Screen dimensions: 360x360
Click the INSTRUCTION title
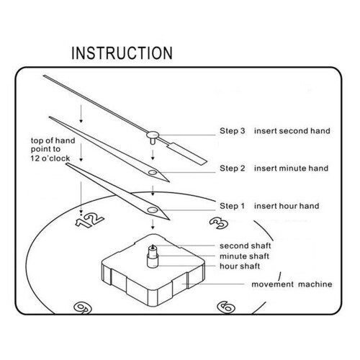[x=122, y=53]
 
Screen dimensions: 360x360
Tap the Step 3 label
[x=233, y=131]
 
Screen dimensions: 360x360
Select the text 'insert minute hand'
[x=291, y=168]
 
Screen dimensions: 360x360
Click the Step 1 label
[x=232, y=206]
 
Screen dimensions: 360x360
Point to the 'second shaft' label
[x=245, y=246]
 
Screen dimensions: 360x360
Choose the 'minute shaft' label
[x=244, y=256]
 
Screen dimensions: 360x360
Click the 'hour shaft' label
[x=240, y=266]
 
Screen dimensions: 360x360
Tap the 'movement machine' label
[x=292, y=284]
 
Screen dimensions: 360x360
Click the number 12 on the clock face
[x=89, y=220]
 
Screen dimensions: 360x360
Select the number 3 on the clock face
[x=219, y=223]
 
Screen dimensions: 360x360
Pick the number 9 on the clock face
[x=83, y=307]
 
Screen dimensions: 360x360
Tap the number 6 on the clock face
[x=226, y=307]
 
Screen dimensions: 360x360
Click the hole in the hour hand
[x=153, y=210]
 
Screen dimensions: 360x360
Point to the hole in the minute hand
[x=153, y=172]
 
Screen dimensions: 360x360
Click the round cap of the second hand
[x=153, y=135]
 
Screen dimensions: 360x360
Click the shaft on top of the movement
[x=153, y=256]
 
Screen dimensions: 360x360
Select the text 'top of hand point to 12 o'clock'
[x=53, y=149]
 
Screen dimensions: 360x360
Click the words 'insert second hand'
[x=292, y=131]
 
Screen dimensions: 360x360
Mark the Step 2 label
[x=233, y=168]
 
